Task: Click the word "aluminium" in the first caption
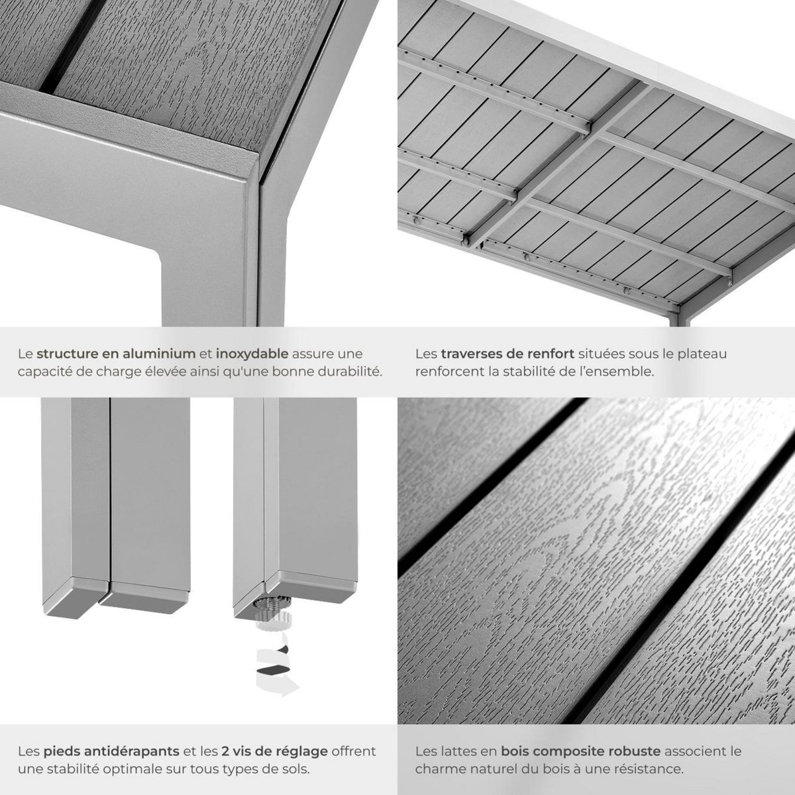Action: [x=160, y=354]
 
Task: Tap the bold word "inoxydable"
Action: [x=252, y=354]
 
